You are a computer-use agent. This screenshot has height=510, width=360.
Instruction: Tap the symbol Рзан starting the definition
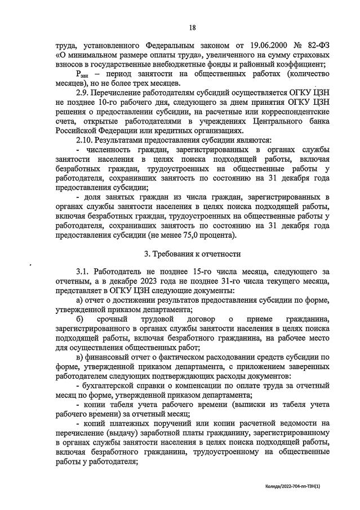82,74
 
